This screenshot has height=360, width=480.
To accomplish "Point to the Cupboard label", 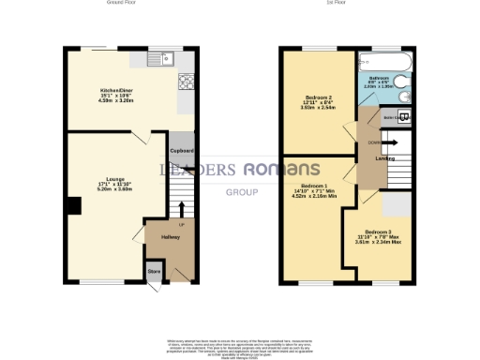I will point(181,151).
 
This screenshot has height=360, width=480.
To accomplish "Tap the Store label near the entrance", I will point(153,273).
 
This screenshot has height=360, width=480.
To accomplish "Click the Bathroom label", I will point(380,78).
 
